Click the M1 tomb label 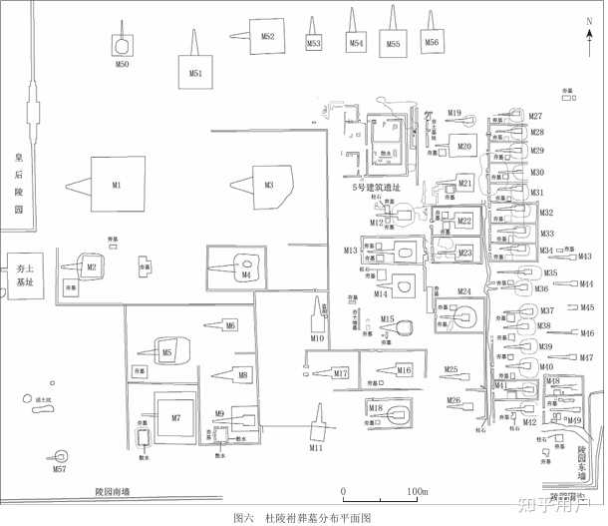pos(116,186)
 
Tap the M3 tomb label pos(268,185)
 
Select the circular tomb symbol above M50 pos(122,46)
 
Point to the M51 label pos(195,73)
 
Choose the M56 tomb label pos(431,43)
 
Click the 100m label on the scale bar pos(416,491)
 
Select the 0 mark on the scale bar pos(343,491)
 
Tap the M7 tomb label pos(175,416)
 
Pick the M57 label pos(60,468)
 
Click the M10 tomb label pos(317,338)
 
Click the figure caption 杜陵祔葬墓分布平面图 pos(317,518)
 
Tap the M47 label pos(586,357)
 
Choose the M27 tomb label pos(535,117)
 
